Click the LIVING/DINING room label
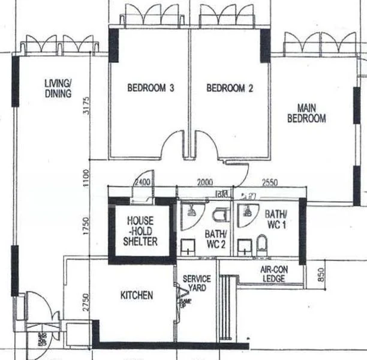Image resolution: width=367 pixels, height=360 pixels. pyautogui.click(x=58, y=88)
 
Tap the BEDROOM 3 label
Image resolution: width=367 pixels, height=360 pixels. pyautogui.click(x=151, y=88)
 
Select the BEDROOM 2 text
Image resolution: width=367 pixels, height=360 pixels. pyautogui.click(x=230, y=88)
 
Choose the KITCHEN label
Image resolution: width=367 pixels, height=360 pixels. pyautogui.click(x=137, y=295)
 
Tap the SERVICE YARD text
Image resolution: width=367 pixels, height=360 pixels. pyautogui.click(x=197, y=283)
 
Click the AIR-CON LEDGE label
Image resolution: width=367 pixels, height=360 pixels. pyautogui.click(x=274, y=274)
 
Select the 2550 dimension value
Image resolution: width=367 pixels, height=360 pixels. pyautogui.click(x=270, y=183)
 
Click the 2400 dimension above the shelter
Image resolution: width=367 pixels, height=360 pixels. pyautogui.click(x=142, y=182)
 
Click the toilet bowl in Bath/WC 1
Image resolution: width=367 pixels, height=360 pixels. pyautogui.click(x=261, y=245)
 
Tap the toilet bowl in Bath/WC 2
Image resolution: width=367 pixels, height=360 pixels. pyautogui.click(x=221, y=214)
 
